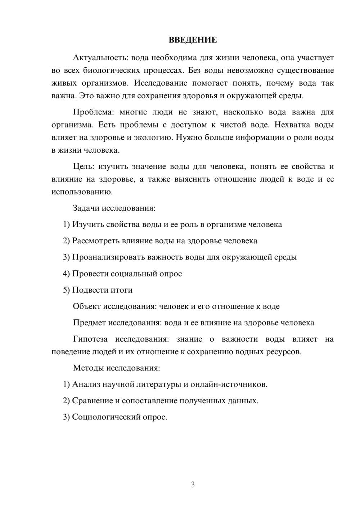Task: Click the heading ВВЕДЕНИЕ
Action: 193,40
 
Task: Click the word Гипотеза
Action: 90,339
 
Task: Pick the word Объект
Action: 87,306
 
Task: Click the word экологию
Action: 150,138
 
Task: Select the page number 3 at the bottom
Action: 193,485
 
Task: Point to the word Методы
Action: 87,368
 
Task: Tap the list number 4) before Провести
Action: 66,274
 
